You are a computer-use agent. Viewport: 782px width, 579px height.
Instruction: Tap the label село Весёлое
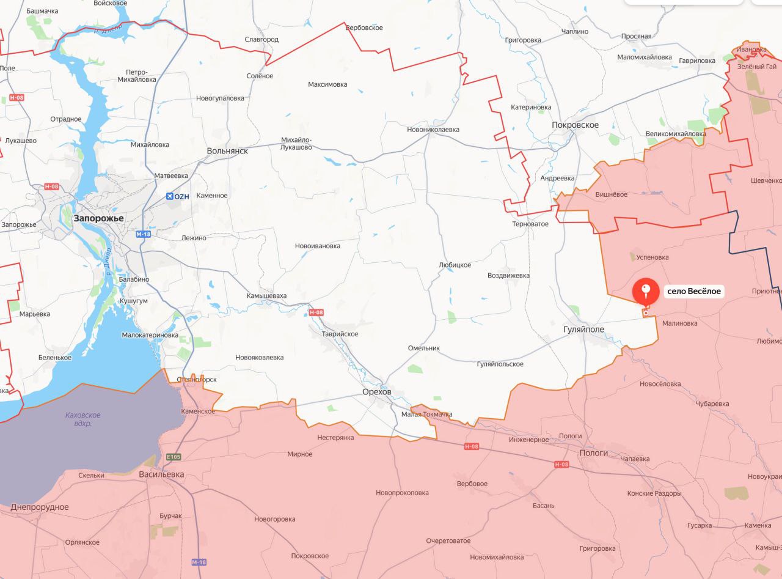click(x=694, y=292)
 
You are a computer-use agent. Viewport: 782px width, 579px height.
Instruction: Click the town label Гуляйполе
click(x=583, y=330)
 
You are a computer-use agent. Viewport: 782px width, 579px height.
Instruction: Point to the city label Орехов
click(x=376, y=391)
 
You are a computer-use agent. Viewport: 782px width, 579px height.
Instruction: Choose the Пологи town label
click(x=593, y=453)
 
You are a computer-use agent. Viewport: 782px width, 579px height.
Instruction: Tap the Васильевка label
click(x=161, y=474)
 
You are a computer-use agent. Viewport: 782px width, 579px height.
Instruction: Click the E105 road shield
click(x=174, y=457)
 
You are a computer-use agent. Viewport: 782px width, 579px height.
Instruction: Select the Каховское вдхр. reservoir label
click(x=83, y=419)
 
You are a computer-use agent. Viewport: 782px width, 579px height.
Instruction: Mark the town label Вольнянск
click(x=227, y=150)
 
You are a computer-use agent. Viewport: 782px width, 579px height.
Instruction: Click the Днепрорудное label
click(x=40, y=507)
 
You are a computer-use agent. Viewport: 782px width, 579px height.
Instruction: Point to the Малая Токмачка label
click(x=427, y=415)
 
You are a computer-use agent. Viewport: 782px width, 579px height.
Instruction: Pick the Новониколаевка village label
click(x=433, y=130)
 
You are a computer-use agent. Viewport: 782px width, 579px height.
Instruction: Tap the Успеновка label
click(x=652, y=257)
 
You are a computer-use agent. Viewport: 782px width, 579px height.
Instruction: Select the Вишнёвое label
click(x=611, y=194)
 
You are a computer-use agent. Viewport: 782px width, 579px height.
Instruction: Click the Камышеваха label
click(x=266, y=296)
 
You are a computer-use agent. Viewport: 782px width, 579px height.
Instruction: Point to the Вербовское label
click(x=364, y=28)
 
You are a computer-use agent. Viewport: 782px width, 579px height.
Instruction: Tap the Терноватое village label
click(x=530, y=224)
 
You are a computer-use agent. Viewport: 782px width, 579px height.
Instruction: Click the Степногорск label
click(x=197, y=380)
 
